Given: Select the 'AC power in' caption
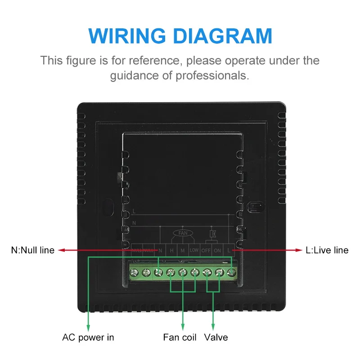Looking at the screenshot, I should [88, 337].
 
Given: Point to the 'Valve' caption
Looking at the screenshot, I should [216, 337].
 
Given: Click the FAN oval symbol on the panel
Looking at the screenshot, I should [182, 234].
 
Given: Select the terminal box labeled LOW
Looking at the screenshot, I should [194, 250].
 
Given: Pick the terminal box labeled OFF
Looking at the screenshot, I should [206, 250].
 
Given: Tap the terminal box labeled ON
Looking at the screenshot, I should [218, 250].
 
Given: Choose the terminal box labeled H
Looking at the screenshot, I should [171, 250].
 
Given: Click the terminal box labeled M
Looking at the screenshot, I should [183, 250].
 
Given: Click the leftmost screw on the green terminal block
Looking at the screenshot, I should [134, 272].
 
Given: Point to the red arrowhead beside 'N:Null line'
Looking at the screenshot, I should [62, 250].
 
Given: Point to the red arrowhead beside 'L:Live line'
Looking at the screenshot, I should [298, 250].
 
